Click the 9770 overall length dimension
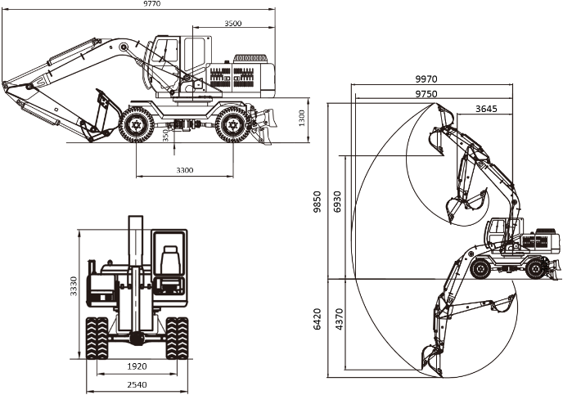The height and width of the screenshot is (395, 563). pos(151,3)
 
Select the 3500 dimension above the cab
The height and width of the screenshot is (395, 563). pos(233,24)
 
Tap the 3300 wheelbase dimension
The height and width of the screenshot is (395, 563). pos(185,170)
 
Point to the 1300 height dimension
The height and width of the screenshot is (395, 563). pos(302,118)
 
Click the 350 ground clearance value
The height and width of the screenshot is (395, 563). pos(165,135)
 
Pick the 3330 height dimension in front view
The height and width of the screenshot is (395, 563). pos(74,286)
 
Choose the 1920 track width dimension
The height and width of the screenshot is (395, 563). pos(137,366)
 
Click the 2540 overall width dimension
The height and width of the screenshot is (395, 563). pos(137,384)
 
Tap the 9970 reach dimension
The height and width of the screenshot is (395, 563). pos(426,79)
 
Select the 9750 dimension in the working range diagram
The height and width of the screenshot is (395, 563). pos(426,94)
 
